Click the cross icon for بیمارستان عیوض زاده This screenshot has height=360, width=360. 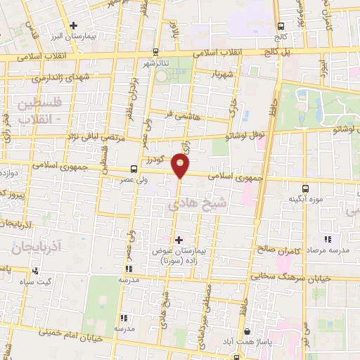[179, 240]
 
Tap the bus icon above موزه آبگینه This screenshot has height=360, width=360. [304, 188]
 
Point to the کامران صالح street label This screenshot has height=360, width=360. [277, 250]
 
